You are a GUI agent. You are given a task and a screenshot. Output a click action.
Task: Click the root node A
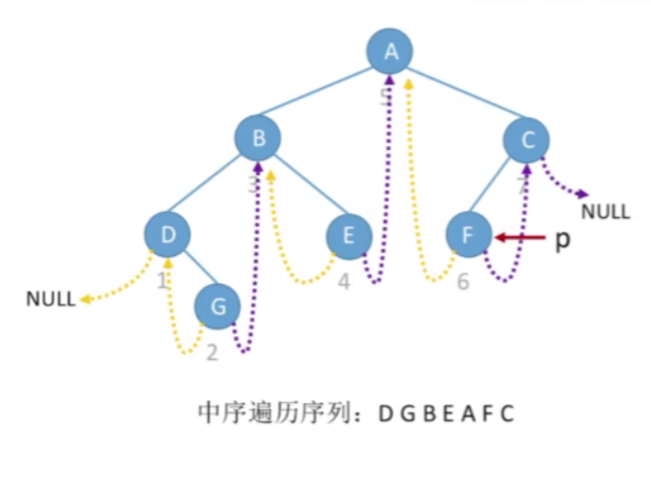pos(390,52)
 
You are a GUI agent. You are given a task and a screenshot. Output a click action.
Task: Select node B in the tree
pos(258,139)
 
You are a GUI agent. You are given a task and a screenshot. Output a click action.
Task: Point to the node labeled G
pos(218,306)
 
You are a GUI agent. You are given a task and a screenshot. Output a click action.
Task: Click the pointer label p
pos(562,239)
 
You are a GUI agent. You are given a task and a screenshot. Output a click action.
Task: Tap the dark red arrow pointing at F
pos(516,238)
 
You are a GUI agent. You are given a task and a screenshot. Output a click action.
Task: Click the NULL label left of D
pos(51,299)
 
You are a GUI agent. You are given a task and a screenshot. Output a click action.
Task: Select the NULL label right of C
pos(605,211)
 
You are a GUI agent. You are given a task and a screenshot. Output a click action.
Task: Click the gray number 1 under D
pos(161,281)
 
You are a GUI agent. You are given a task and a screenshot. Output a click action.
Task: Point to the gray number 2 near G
pos(212,352)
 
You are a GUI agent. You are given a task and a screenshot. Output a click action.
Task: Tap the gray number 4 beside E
pos(344,283)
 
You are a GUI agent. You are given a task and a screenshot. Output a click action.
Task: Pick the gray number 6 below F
pos(463,283)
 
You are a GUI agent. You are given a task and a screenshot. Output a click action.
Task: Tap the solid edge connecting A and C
pos(458,95)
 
